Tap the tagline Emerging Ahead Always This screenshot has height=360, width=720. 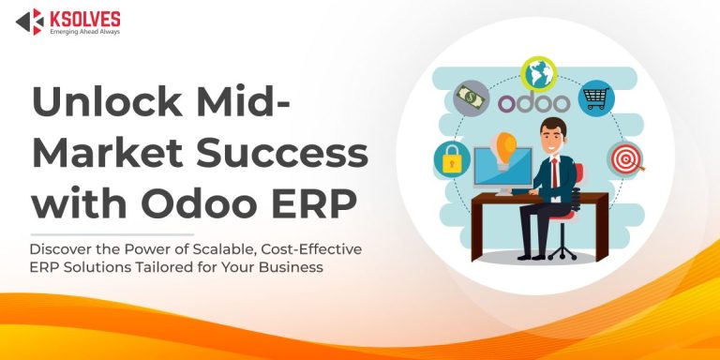[86, 31]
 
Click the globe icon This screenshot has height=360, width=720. [539, 72]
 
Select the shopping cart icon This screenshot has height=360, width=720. [595, 97]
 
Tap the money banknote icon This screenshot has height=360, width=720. [471, 97]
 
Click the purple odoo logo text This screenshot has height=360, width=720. [533, 101]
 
